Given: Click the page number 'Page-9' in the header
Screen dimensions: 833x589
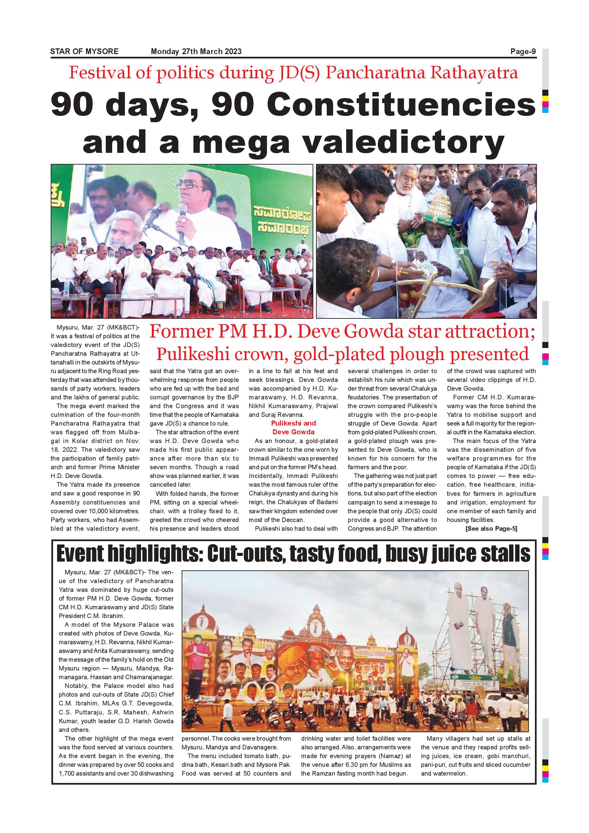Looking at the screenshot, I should coord(523,51).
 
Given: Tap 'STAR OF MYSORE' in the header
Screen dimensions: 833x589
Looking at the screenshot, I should coord(84,51).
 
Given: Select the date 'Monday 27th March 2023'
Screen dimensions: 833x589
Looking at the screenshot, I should coord(196,51).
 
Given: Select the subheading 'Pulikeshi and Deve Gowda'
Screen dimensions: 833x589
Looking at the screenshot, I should coord(293,427).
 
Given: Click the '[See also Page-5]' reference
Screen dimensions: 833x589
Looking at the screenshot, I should coord(491,529).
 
